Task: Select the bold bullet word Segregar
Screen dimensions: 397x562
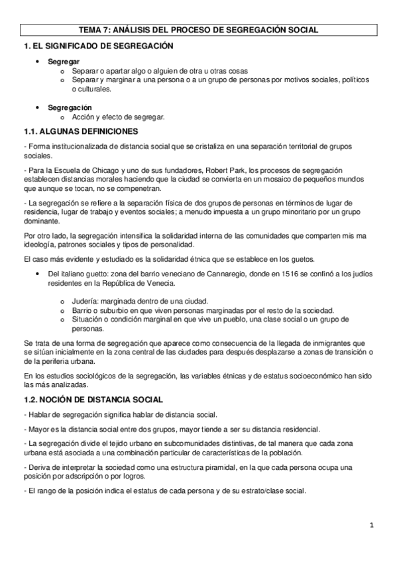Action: tap(60, 62)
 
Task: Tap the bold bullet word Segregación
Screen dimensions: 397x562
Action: tap(69, 107)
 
